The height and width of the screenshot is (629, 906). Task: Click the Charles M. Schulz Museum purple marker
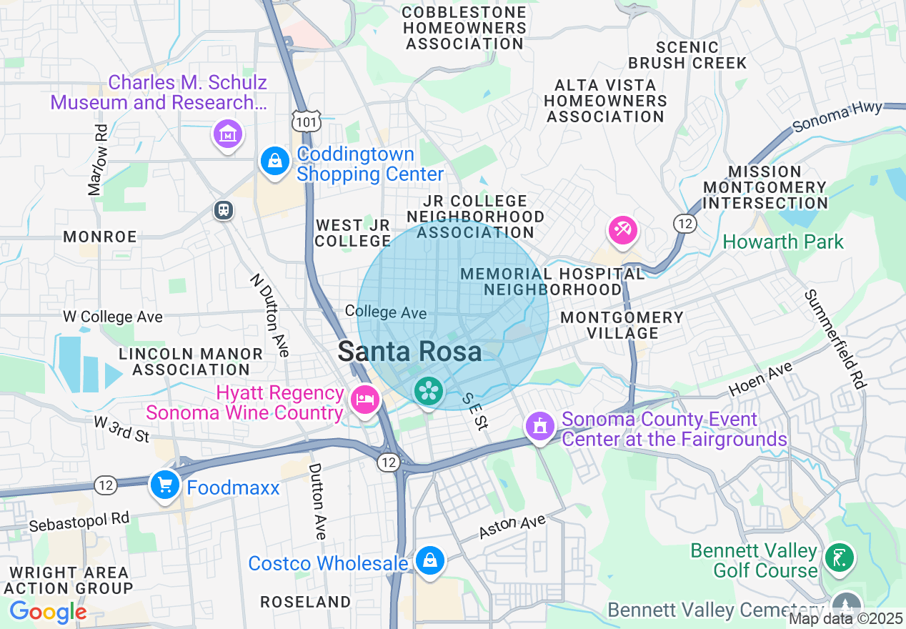tap(228, 134)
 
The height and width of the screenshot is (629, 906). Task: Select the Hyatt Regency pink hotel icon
tap(365, 400)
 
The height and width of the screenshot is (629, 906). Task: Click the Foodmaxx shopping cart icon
tap(165, 485)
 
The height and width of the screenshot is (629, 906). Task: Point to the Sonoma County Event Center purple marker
tap(540, 426)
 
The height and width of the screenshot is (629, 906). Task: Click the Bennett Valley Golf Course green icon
tap(839, 558)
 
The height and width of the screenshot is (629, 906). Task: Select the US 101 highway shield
tap(307, 122)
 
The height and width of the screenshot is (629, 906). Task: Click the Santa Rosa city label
tap(409, 352)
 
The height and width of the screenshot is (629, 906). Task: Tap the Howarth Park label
tap(783, 242)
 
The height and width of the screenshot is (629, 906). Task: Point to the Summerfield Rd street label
tap(834, 339)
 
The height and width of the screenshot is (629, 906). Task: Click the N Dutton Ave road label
tap(270, 315)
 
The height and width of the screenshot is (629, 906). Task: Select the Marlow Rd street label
tap(98, 160)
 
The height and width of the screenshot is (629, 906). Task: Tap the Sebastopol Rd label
tap(79, 520)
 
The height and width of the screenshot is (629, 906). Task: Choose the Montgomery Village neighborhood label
tap(621, 325)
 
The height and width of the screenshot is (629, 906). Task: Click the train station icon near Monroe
tap(224, 210)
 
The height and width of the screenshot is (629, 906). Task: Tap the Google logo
tap(48, 612)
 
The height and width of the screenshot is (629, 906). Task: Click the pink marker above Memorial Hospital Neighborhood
tap(622, 230)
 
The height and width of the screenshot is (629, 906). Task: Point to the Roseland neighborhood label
tap(305, 602)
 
